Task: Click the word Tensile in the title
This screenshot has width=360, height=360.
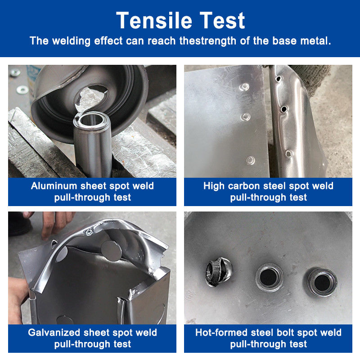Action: coord(154,21)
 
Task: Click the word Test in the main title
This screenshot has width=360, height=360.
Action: coord(222,21)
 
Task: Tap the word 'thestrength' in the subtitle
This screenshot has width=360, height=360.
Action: coord(208,41)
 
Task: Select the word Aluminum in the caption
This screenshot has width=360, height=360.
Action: coord(54,186)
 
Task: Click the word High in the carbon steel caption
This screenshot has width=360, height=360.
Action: coord(214,186)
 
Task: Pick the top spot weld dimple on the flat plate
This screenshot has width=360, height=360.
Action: coord(244,87)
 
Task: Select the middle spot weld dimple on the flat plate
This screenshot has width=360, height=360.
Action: coord(245,117)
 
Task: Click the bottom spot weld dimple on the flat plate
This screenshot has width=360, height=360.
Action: coord(251,160)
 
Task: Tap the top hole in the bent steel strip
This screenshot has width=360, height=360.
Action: coord(278,79)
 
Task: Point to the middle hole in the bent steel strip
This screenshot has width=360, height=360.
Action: coord(284,109)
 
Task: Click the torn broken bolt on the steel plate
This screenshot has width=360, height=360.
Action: coord(219,271)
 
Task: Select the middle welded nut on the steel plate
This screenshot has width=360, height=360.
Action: coord(269,277)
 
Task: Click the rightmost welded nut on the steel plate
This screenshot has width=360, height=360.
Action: coord(322,282)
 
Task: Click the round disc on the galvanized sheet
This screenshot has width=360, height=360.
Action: coord(112,251)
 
